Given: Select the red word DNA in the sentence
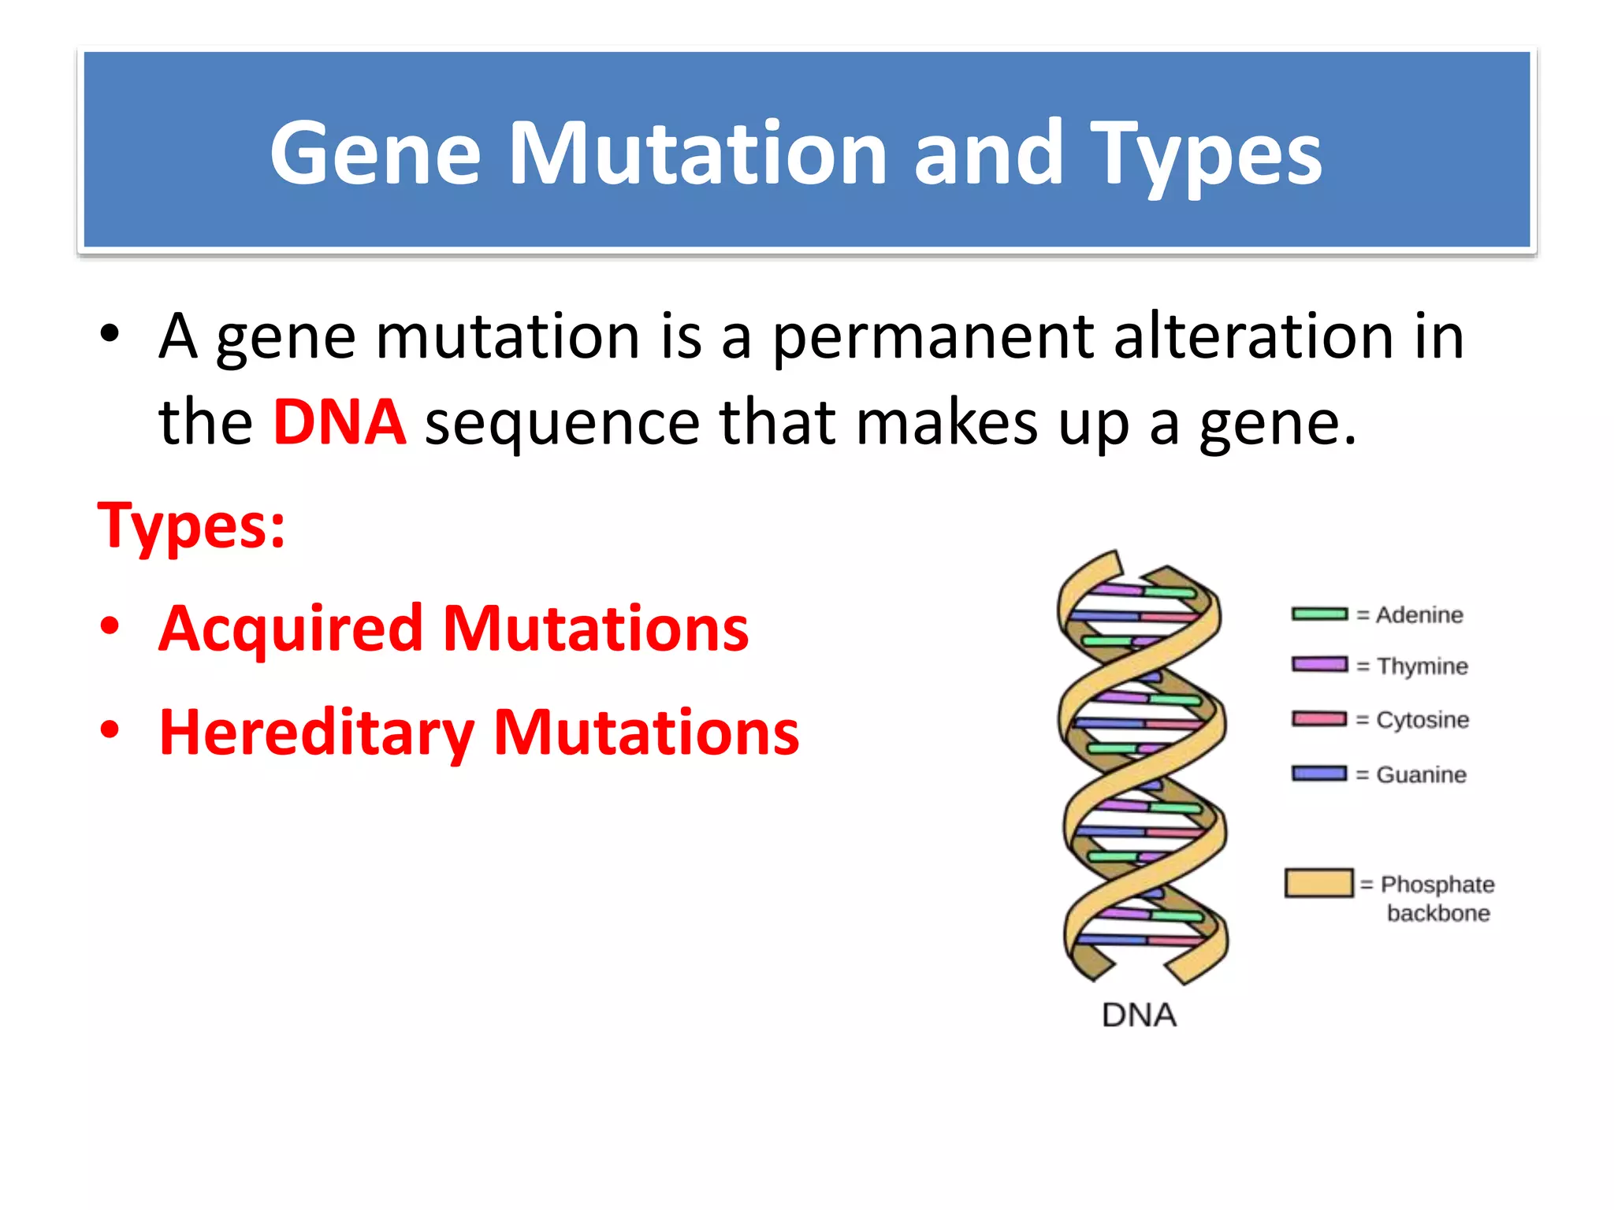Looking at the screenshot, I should tap(340, 423).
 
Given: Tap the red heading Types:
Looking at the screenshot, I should tap(192, 525).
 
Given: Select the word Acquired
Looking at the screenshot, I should tap(291, 629).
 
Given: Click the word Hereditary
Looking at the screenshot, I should tap(317, 733).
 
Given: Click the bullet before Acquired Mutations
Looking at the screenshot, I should tap(110, 628).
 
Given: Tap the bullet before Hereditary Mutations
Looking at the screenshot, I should tap(110, 730).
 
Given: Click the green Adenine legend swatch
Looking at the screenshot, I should tap(1319, 614).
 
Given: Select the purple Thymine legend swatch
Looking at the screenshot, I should tap(1319, 665).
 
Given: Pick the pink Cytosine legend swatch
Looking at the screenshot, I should tap(1319, 719).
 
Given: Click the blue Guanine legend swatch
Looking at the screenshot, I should tap(1319, 774).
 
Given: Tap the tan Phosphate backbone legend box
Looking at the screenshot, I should tap(1318, 883).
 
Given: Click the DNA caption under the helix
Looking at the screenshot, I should tap(1139, 1015).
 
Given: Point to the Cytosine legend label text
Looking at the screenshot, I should tap(1422, 720).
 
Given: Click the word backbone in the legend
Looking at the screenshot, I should tap(1438, 914).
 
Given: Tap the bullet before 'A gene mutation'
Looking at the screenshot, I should tap(110, 335).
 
